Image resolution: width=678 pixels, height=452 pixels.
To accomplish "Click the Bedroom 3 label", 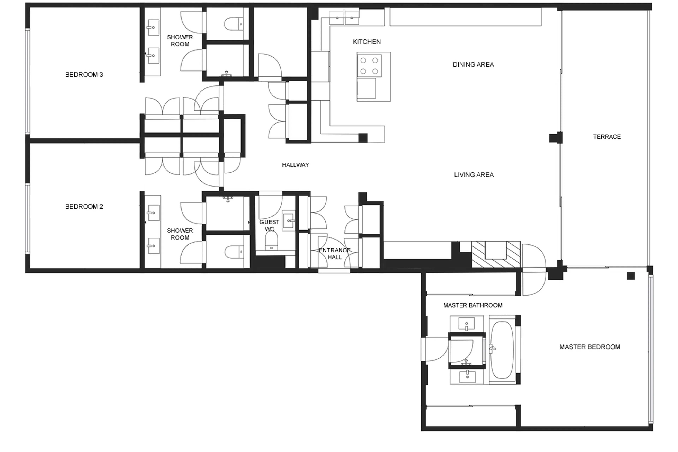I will [84, 75].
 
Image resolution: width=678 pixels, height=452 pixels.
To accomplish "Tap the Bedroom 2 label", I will [84, 206].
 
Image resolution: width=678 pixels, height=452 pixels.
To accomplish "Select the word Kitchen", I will [367, 42].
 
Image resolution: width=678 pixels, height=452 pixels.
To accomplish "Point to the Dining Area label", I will [473, 65].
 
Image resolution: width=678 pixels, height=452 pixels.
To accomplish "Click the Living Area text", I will [474, 175].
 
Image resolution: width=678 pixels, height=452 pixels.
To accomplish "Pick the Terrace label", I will [606, 137].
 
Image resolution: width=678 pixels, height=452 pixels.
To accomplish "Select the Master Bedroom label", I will [590, 347].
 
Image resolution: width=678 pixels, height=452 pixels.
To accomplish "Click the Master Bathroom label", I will [472, 305].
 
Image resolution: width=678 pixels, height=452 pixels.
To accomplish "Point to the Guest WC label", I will [269, 225].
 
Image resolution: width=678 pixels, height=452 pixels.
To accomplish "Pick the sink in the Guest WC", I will [289, 221].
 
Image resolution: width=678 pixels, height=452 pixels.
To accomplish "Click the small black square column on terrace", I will [631, 276].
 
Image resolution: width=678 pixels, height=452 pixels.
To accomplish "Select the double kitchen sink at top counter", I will [344, 17].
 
